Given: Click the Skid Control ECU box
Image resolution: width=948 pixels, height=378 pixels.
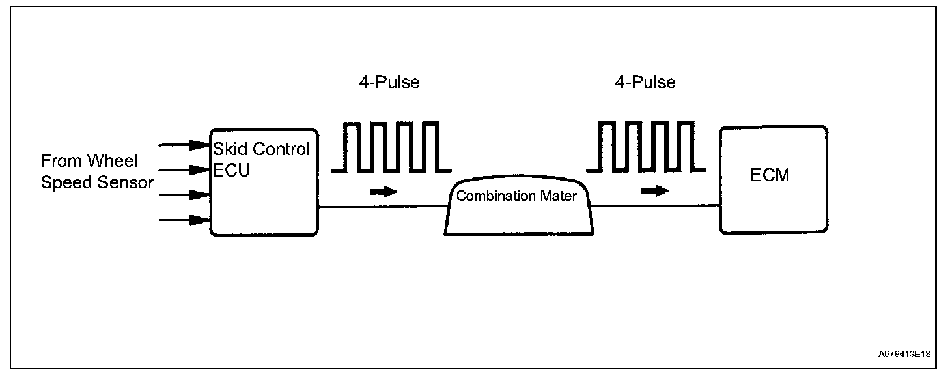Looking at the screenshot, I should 263,196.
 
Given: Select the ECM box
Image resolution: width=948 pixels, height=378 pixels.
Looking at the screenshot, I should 773,196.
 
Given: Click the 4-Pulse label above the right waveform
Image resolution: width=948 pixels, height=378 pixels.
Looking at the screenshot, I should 645,83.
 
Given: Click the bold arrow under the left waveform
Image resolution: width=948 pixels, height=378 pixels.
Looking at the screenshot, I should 383,192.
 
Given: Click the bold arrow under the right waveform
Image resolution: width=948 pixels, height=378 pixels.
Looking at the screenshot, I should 654,191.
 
